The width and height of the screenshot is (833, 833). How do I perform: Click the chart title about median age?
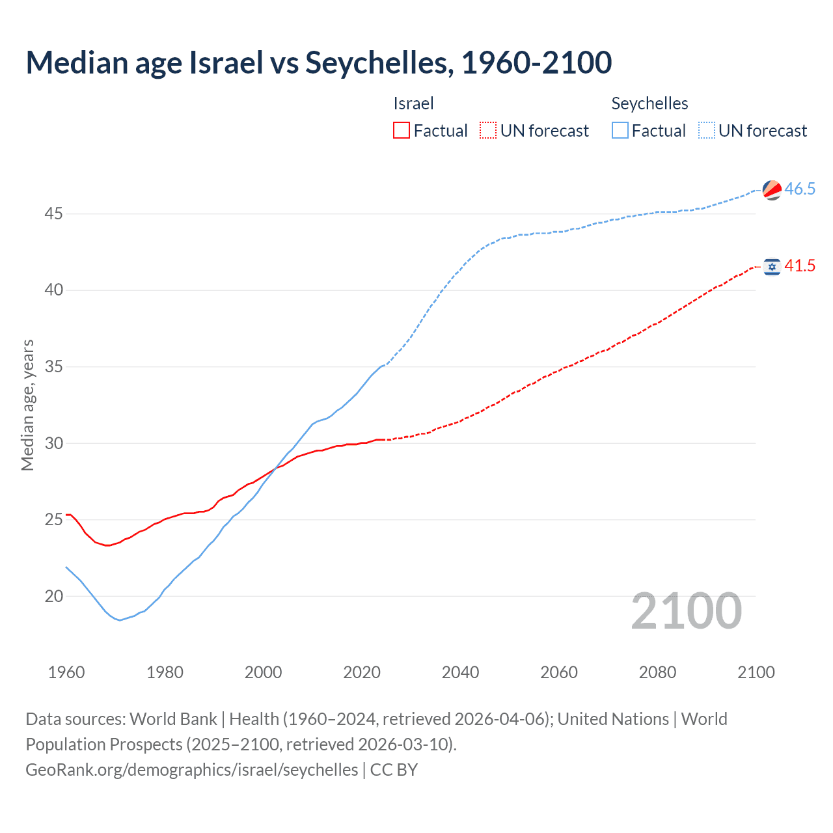pos(319,62)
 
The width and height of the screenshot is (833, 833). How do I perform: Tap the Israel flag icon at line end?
pos(772,267)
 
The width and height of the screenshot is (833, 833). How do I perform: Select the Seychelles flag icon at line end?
pos(772,189)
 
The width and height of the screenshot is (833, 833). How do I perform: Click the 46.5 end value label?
pos(800,189)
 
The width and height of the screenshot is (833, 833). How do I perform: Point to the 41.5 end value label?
pos(800,266)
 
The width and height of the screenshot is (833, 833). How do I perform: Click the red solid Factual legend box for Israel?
pos(402,131)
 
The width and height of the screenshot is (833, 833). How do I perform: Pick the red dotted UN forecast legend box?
pos(488,131)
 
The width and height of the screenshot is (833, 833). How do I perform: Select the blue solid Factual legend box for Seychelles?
pos(620,131)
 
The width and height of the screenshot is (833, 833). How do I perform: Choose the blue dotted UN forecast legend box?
pos(707,131)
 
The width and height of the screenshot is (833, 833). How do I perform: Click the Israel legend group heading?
pos(413,103)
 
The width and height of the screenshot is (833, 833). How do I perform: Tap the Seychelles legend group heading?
pos(649,103)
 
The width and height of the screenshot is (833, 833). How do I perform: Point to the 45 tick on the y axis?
pos(54,213)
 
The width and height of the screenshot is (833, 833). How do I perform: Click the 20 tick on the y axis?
pos(54,596)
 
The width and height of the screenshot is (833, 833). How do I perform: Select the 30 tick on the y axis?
pos(54,443)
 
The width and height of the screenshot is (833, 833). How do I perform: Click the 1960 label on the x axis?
pos(66,672)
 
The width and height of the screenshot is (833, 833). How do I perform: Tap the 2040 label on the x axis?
pos(460,672)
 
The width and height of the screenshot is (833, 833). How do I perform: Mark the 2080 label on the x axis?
pos(657,672)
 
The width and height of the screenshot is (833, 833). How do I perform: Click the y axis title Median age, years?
pos(27,405)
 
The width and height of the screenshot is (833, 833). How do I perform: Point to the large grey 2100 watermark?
pos(687,611)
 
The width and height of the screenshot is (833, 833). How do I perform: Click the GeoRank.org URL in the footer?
pos(192,770)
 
